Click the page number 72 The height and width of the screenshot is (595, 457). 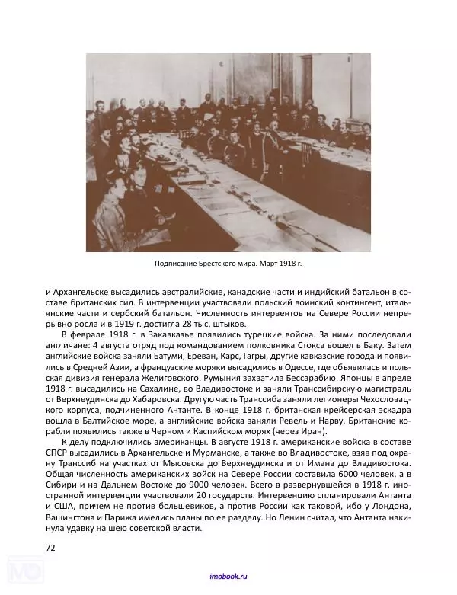click(x=51, y=547)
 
